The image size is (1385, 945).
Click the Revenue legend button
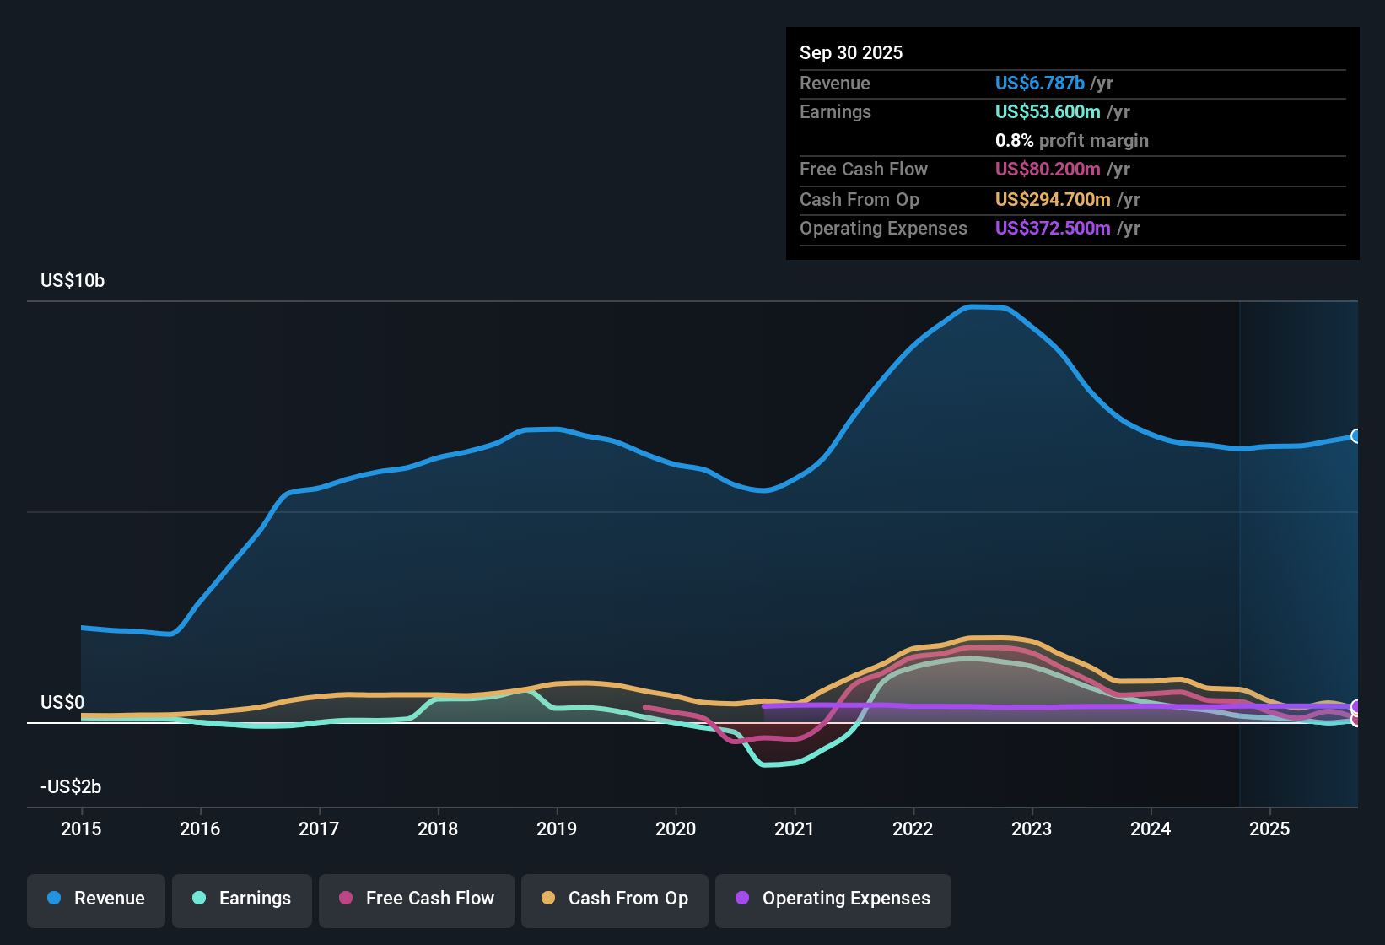coord(96,899)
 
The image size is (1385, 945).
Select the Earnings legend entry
coord(242,899)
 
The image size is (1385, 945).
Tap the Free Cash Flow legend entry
coord(417,899)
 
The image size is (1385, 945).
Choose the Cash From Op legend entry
coord(615,899)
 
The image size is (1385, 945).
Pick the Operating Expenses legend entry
coord(833,899)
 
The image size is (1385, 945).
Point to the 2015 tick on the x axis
coord(81,829)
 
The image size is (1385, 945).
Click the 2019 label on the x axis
coord(557,829)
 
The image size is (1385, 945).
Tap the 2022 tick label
coord(913,829)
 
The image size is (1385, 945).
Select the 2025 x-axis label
coord(1269,829)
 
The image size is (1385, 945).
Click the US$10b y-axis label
coord(73,281)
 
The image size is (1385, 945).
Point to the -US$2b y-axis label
coord(71,787)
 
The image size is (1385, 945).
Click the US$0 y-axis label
coord(62,703)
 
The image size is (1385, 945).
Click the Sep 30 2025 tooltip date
coord(851,53)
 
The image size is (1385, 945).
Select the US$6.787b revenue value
coord(1039,84)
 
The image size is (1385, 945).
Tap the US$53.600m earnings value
coord(1048,112)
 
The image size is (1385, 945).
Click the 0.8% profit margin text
coord(1071,141)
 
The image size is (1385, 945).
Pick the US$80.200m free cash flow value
coord(1048,170)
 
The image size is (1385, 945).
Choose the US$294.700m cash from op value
coord(1053,200)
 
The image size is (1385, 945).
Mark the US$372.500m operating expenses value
coord(1053,229)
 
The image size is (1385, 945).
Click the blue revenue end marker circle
coord(1355,436)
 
